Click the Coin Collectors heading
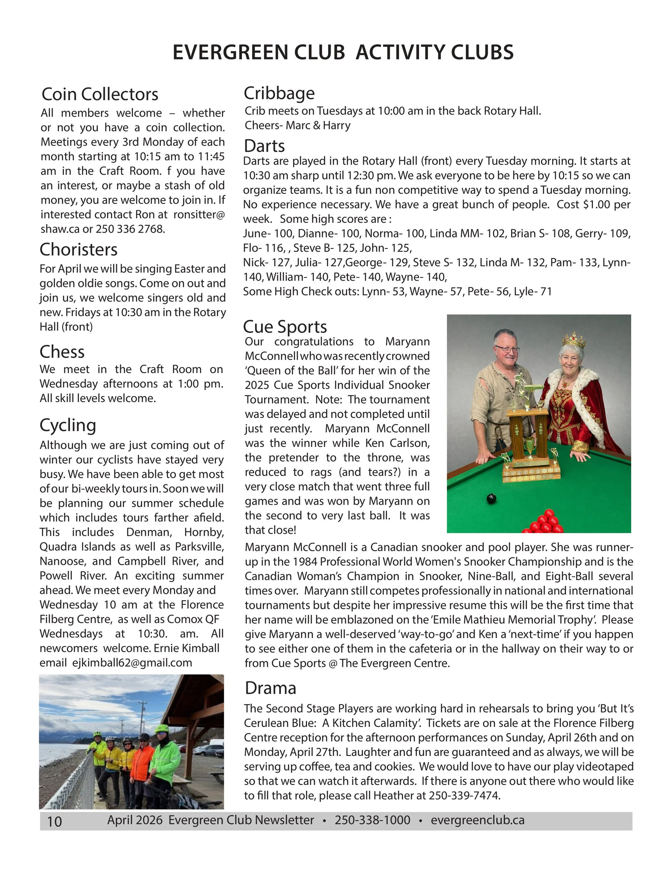pyautogui.click(x=100, y=94)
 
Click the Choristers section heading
pyautogui.click(x=78, y=250)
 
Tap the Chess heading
pyautogui.click(x=62, y=352)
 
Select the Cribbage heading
pyautogui.click(x=279, y=93)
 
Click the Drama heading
pyautogui.click(x=270, y=688)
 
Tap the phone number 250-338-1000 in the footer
pyautogui.click(x=372, y=820)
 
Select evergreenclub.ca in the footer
pyautogui.click(x=477, y=820)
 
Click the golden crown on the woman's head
pyautogui.click(x=574, y=340)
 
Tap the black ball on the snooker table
pyautogui.click(x=492, y=498)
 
